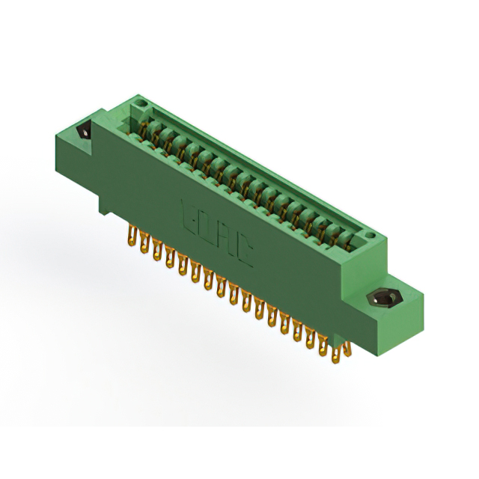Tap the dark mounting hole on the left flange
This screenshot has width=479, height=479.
[84, 130]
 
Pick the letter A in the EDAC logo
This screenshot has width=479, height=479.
[227, 242]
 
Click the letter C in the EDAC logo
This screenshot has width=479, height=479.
[245, 255]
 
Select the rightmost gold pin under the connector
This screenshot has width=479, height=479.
[346, 351]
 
